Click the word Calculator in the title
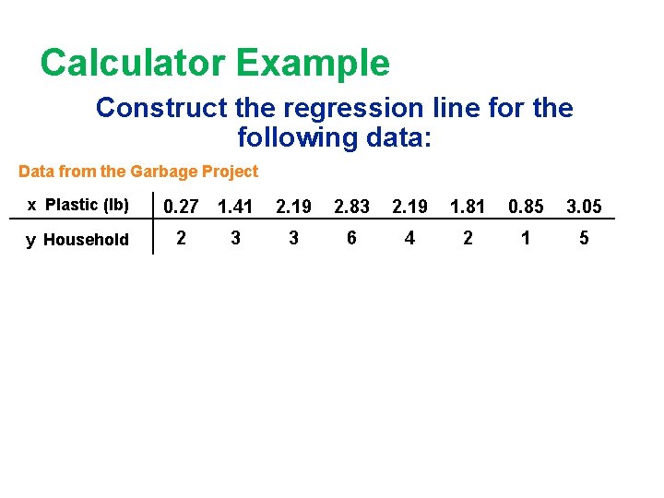coord(133,64)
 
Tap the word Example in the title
coord(313,64)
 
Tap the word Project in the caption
coord(231,172)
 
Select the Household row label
coord(86,240)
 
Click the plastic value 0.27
coord(182,207)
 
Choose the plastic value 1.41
coord(235,207)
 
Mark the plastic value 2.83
coord(351,207)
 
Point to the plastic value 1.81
coord(468,207)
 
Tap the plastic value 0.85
coord(526,207)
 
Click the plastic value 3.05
coord(584,207)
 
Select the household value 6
coord(351,239)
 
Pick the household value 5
coord(584,239)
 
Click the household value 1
coord(526,239)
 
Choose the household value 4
coord(409,239)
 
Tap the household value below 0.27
coord(182,239)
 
